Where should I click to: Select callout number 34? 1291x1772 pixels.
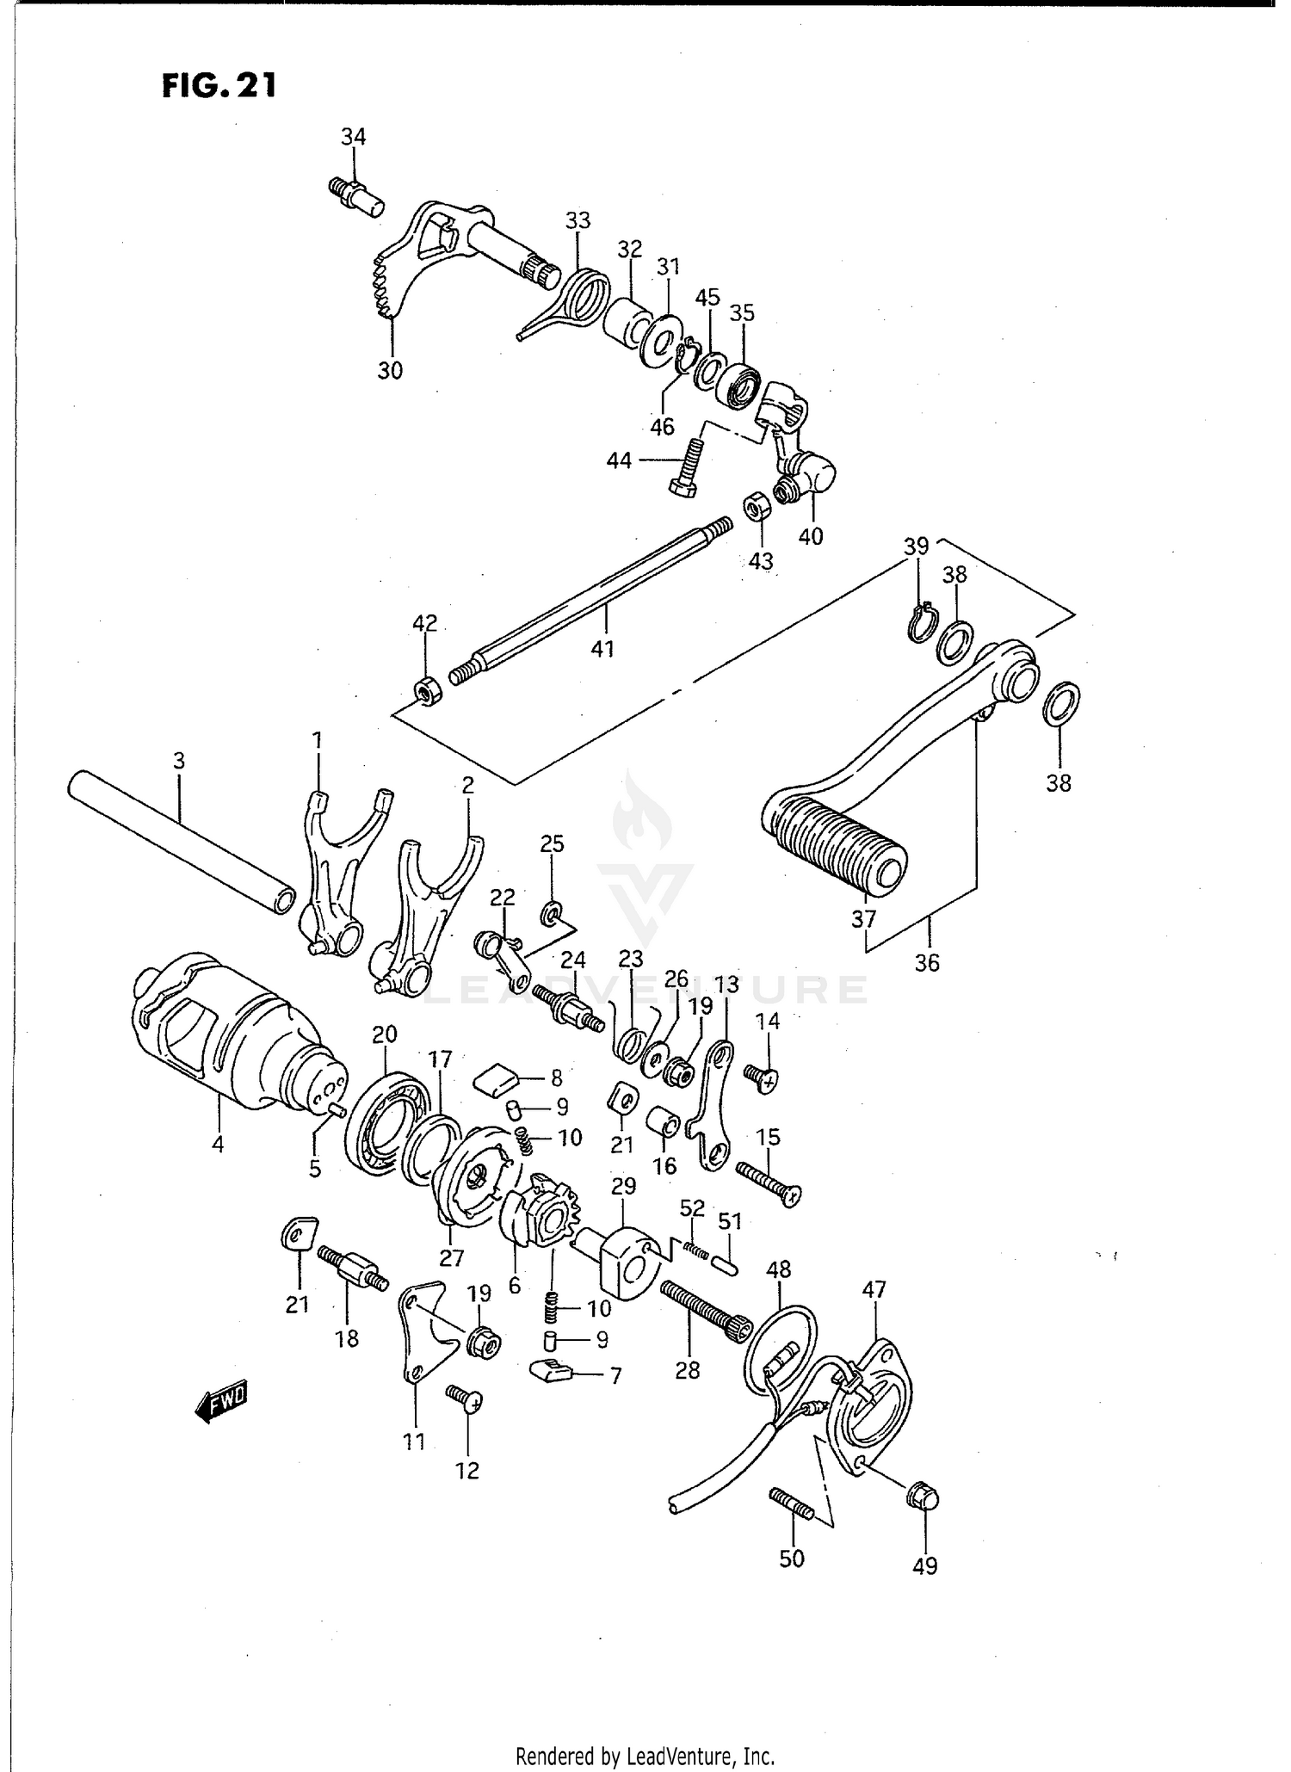pos(353,137)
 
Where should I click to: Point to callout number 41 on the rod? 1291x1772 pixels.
pos(602,648)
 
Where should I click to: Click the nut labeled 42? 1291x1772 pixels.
pos(427,689)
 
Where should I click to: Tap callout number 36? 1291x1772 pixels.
pos(927,962)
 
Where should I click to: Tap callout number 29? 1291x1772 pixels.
pos(624,1186)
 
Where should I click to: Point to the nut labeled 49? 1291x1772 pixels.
pos(923,1498)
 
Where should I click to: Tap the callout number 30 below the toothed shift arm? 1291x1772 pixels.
pos(390,371)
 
